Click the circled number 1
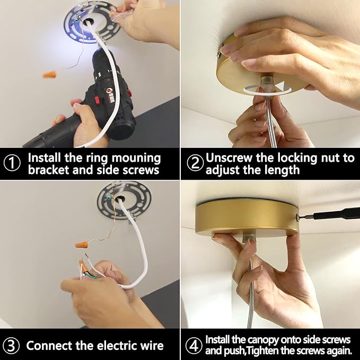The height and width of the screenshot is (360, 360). [12, 163]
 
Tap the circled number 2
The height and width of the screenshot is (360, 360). [195, 163]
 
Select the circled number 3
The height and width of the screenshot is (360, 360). [11, 346]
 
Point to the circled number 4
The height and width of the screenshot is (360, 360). [194, 346]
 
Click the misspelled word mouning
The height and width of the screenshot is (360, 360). [136, 159]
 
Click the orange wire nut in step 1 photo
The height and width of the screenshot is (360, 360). [49, 74]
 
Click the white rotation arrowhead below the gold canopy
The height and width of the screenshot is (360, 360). [279, 85]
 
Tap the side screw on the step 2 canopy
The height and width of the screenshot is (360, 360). [219, 55]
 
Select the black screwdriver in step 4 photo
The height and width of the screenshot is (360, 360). [330, 216]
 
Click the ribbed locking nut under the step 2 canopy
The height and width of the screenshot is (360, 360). [266, 83]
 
